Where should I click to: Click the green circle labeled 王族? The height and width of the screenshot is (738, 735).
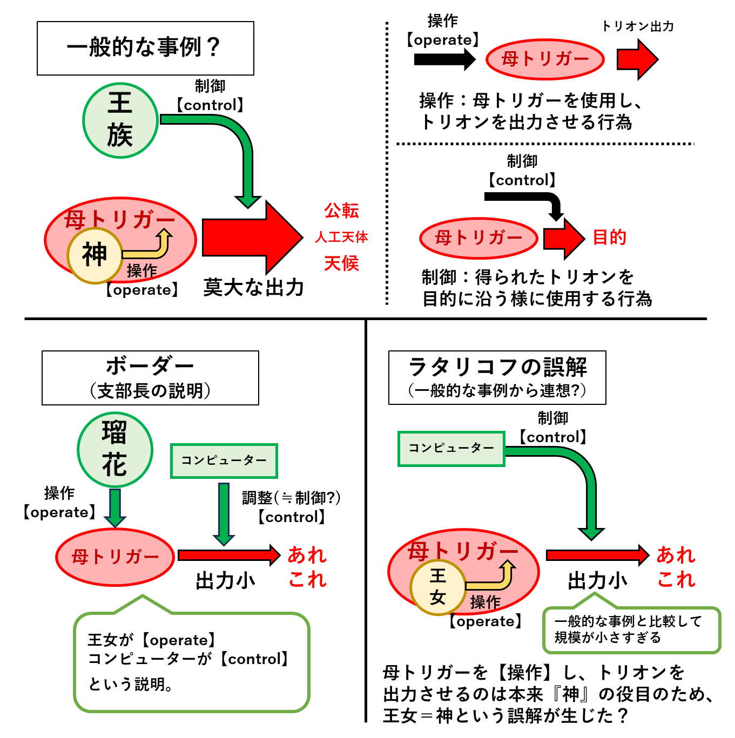(120, 120)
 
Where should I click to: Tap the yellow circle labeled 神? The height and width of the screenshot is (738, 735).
(95, 255)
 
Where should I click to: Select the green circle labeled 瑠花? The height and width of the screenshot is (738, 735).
(115, 450)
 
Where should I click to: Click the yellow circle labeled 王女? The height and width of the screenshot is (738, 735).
(438, 587)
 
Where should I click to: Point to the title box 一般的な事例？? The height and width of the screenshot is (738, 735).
(145, 48)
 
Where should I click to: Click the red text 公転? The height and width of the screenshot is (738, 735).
(341, 211)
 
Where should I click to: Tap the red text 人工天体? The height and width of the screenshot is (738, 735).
(341, 237)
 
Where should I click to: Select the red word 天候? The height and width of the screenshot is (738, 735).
(341, 263)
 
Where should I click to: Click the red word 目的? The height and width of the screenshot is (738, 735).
(609, 238)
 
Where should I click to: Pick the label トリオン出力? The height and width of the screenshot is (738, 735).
(638, 26)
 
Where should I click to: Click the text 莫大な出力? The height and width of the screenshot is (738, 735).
(254, 288)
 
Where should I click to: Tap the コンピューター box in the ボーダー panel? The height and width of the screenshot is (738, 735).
(224, 461)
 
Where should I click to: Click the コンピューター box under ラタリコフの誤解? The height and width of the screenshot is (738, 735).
(451, 449)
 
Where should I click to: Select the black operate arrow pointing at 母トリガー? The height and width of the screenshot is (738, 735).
(444, 59)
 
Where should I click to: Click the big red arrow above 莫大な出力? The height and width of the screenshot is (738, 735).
(253, 238)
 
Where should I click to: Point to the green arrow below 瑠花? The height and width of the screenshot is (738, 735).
(115, 508)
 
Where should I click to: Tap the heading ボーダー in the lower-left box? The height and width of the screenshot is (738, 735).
(150, 367)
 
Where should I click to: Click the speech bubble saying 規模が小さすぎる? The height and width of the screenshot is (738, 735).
(631, 625)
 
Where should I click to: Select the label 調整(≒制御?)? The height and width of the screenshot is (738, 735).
(291, 498)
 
